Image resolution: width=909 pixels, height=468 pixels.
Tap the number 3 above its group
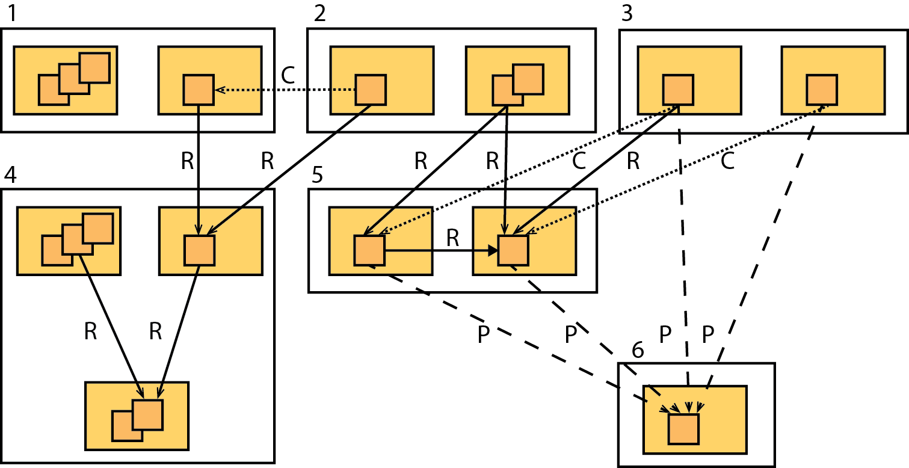[627, 13]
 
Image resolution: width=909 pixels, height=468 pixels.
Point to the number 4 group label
[10, 175]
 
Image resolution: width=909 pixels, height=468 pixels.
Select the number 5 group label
[318, 175]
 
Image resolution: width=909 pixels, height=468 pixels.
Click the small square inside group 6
[683, 429]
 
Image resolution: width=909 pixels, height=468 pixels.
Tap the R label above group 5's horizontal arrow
[453, 238]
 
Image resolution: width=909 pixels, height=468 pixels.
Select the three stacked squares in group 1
[74, 79]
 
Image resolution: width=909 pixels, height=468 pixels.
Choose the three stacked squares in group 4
[77, 239]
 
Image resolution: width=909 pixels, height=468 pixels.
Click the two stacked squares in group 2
[517, 84]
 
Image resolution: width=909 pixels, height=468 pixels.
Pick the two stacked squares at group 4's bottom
[138, 420]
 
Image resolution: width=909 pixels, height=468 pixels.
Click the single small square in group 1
[199, 90]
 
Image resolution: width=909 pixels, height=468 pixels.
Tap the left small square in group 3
[678, 90]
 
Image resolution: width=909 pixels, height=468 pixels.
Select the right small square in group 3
[821, 90]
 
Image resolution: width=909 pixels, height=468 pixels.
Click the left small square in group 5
[369, 250]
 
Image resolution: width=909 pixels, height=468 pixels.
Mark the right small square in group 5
[513, 250]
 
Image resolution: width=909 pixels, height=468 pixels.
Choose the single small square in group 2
[370, 90]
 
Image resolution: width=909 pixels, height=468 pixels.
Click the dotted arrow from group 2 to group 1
[286, 90]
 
